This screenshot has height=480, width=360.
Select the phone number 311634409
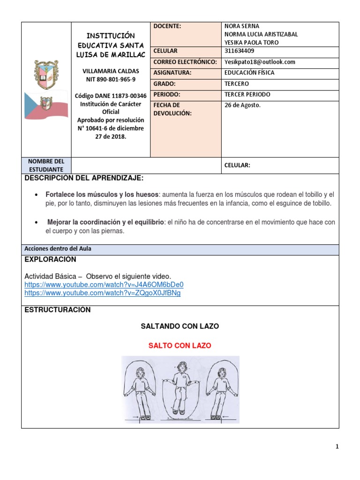point(242,51)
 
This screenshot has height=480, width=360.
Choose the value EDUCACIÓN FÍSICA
point(249,73)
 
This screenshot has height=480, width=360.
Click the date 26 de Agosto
point(242,105)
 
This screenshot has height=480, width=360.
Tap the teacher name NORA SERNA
point(242,26)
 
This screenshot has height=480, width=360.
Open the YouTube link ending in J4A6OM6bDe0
point(104,285)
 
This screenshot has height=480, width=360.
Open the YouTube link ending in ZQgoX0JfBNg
point(102,293)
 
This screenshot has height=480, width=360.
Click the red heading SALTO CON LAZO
point(180,345)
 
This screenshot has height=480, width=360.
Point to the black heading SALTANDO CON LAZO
point(180,326)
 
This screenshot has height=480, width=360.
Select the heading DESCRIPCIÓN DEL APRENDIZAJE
point(84,179)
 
